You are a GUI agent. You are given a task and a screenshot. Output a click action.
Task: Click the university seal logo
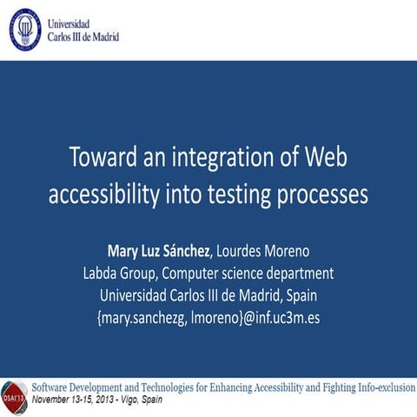click(x=25, y=30)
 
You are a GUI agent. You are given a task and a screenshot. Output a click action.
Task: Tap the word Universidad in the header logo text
click(x=72, y=24)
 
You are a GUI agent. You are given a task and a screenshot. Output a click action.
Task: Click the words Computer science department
click(x=251, y=274)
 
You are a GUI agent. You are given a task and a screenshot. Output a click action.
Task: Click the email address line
click(x=208, y=318)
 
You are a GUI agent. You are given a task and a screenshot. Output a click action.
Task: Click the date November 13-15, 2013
click(x=77, y=402)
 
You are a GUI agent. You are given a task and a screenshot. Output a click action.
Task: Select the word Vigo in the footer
click(x=141, y=402)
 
